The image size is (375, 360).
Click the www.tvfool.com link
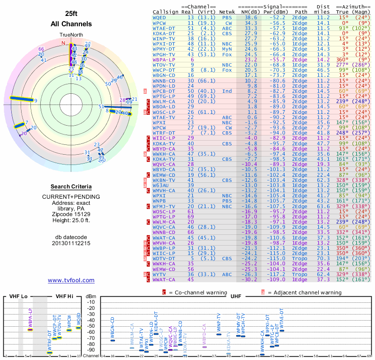pyautogui.click(x=71, y=280)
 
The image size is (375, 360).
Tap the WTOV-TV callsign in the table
pyautogui.click(x=164, y=65)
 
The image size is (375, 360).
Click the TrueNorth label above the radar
pyautogui.click(x=71, y=35)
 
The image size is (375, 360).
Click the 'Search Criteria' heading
pyautogui.click(x=71, y=187)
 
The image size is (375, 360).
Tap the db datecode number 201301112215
pyautogui.click(x=71, y=243)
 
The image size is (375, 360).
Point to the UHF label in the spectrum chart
pyautogui.click(x=237, y=296)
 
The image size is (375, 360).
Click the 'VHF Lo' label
pyautogui.click(x=18, y=296)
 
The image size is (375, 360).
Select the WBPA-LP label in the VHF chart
pyautogui.click(x=30, y=317)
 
